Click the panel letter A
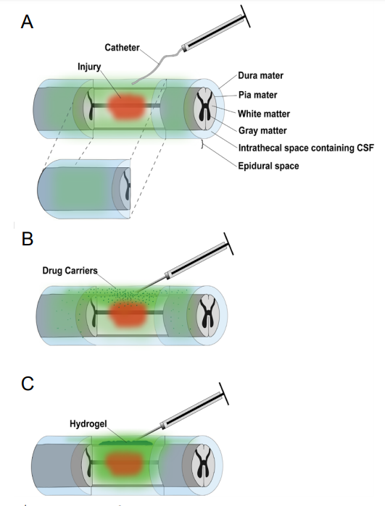(27, 22)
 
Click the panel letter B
(28, 239)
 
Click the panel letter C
(28, 384)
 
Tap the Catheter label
(122, 48)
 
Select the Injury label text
(89, 67)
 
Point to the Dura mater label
(260, 75)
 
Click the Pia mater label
(257, 95)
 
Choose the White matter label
(264, 114)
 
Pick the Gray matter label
(262, 131)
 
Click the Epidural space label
(268, 166)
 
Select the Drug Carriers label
(70, 271)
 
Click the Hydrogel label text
(88, 423)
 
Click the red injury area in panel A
(125, 106)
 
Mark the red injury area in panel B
(128, 313)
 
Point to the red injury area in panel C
(124, 463)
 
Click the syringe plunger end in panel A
(245, 16)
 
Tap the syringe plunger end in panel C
(224, 394)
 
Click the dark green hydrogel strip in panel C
(125, 443)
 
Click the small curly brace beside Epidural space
(202, 144)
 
